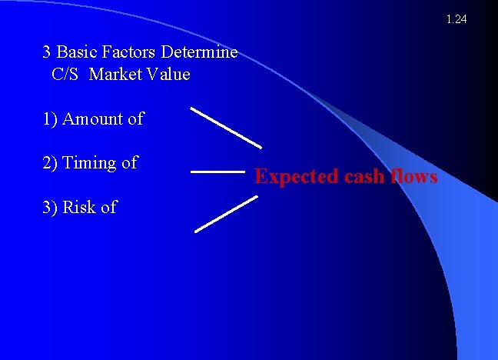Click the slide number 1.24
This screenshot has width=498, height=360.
click(456, 19)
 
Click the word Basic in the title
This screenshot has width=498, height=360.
click(78, 52)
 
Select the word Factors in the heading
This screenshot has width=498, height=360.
click(131, 52)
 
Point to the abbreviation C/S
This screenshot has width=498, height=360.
click(67, 75)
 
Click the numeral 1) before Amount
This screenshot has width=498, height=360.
click(50, 119)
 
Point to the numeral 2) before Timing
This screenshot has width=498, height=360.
click(50, 163)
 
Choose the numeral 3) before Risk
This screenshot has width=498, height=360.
click(50, 207)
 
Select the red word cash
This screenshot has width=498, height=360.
click(363, 177)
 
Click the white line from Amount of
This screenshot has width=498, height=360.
click(226, 127)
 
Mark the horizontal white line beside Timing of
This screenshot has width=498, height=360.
click(217, 172)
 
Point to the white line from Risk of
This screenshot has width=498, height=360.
click(226, 213)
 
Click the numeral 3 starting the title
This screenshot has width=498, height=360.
click(47, 52)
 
